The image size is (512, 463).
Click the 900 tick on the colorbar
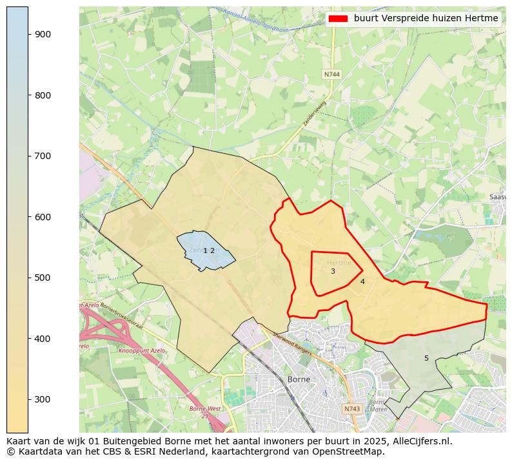pyautogui.click(x=43, y=34)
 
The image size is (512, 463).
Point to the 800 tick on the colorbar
pyautogui.click(x=43, y=95)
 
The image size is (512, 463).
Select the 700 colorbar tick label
pyautogui.click(x=43, y=156)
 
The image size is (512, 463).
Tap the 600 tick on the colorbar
pyautogui.click(x=43, y=217)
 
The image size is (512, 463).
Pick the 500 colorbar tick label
pyautogui.click(x=43, y=278)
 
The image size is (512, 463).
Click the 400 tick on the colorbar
pyautogui.click(x=43, y=339)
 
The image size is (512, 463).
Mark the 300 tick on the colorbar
pyautogui.click(x=43, y=399)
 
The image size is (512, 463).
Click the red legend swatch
pyautogui.click(x=338, y=19)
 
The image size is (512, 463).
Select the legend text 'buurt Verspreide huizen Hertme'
pyautogui.click(x=426, y=19)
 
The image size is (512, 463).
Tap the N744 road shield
pyautogui.click(x=331, y=74)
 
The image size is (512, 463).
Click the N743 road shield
pyautogui.click(x=351, y=409)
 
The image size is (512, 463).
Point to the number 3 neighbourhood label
pyautogui.click(x=333, y=272)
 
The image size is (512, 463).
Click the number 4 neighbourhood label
pyautogui.click(x=362, y=281)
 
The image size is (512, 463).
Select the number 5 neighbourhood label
pyautogui.click(x=426, y=358)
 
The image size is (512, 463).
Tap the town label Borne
pyautogui.click(x=299, y=379)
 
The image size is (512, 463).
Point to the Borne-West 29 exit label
pyautogui.click(x=204, y=412)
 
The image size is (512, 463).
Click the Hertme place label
pyautogui.click(x=339, y=263)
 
